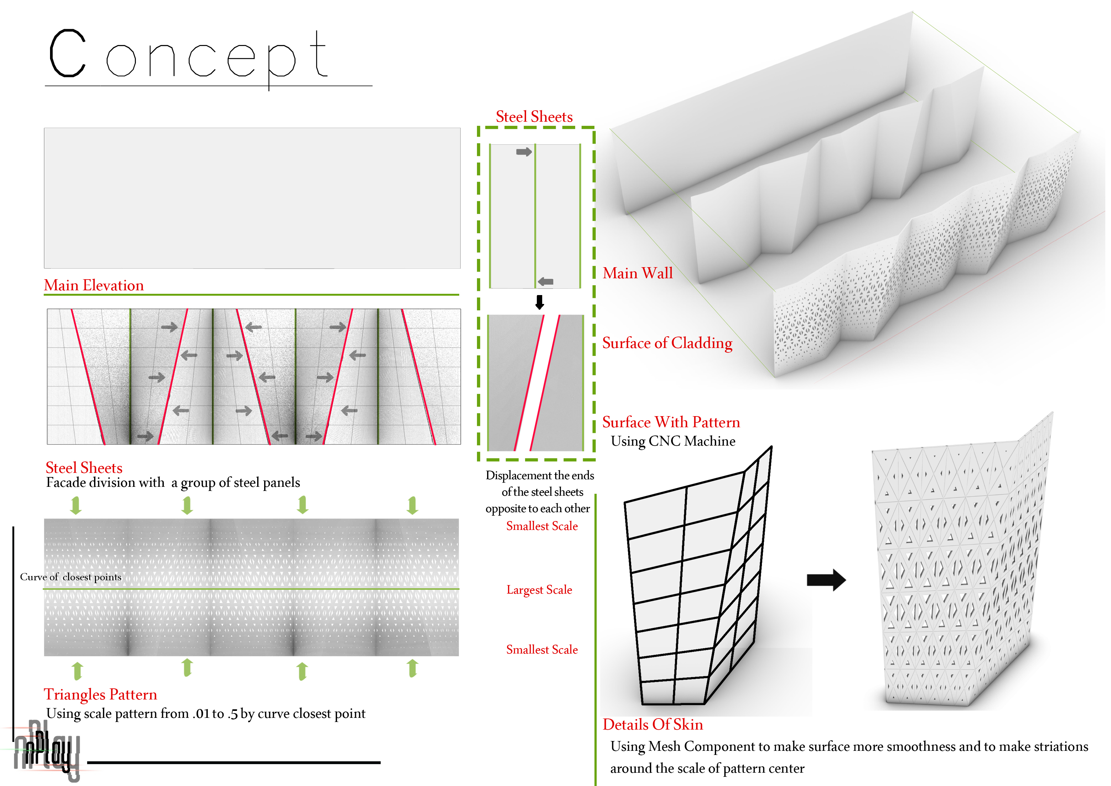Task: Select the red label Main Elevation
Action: tap(94, 285)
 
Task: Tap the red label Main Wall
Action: tap(637, 273)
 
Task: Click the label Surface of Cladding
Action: tap(667, 343)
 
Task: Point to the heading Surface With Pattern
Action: tap(671, 422)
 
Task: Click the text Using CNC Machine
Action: tap(673, 441)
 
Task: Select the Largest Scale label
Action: tap(539, 590)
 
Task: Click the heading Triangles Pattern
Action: tap(100, 694)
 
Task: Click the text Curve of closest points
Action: tap(71, 577)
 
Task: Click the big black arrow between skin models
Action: tap(826, 580)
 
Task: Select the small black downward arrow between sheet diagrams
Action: tap(540, 302)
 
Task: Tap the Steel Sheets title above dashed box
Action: tap(534, 117)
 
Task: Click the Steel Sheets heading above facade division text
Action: tap(84, 467)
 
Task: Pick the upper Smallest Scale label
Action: tap(542, 526)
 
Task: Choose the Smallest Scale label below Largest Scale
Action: tap(542, 649)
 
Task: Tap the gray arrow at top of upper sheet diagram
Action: tap(524, 152)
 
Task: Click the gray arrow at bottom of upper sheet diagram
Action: tap(545, 281)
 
